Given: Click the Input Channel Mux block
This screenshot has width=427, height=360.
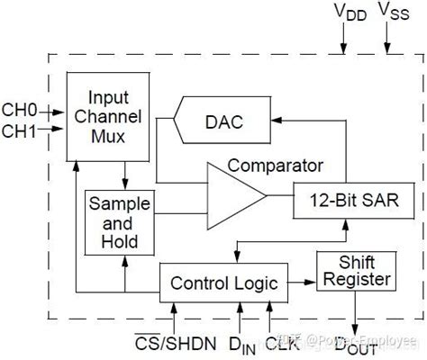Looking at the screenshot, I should [x=107, y=116].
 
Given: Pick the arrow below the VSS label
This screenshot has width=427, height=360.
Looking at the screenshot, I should [x=388, y=40].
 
